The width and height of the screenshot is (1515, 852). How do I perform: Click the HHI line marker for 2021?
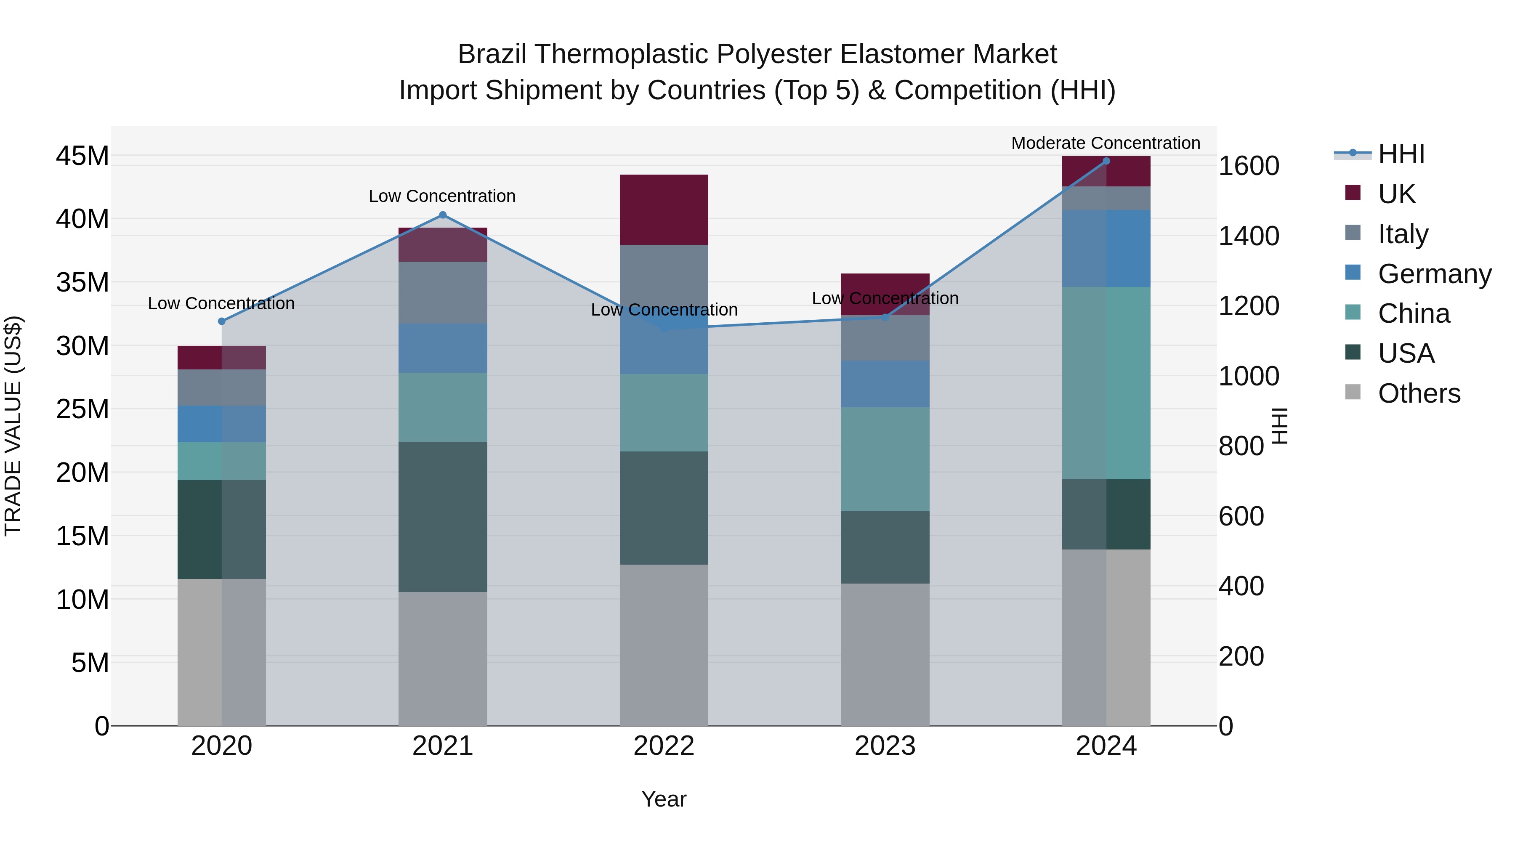(x=443, y=215)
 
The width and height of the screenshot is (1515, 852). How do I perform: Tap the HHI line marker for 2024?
(x=1106, y=161)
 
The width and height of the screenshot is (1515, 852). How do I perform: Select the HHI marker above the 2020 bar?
(x=222, y=321)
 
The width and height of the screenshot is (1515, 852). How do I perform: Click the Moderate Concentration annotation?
(x=1105, y=143)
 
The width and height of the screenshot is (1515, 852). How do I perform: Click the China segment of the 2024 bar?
(x=1106, y=383)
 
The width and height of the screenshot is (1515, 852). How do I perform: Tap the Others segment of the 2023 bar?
(x=885, y=654)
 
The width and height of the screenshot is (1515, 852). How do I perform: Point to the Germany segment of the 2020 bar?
(x=222, y=424)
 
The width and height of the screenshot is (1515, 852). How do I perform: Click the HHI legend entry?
(x=1400, y=154)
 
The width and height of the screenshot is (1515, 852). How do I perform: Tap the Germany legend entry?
(x=1434, y=274)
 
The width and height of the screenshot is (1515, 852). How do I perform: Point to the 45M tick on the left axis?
(x=82, y=157)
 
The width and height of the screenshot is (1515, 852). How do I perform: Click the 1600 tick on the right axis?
(x=1248, y=166)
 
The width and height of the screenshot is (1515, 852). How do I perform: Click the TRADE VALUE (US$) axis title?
(x=13, y=426)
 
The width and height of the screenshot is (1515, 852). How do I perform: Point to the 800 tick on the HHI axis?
(x=1241, y=446)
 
